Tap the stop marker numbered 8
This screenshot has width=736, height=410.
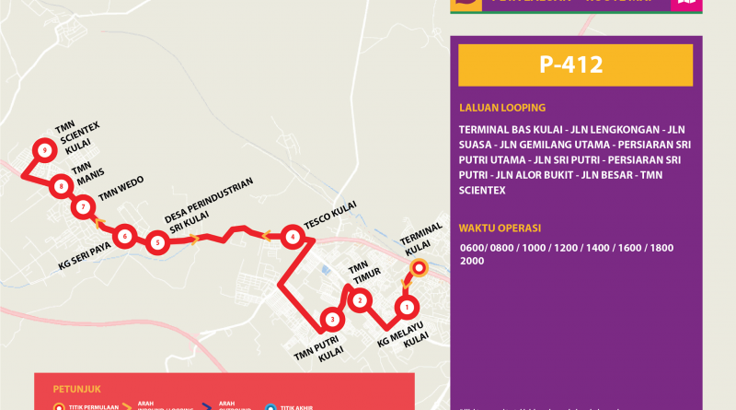point(61,186)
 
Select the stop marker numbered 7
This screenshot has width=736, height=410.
point(84,207)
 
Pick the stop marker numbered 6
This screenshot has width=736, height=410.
point(124,236)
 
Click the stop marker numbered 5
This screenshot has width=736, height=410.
point(157,243)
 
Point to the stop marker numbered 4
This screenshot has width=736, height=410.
point(292,237)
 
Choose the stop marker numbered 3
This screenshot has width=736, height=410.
point(331,320)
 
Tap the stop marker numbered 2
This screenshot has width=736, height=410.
point(360,299)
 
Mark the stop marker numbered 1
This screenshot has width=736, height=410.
point(406,306)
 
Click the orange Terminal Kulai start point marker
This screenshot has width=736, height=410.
point(418,268)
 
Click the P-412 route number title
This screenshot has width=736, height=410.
point(575,65)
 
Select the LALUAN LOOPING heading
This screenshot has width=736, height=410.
point(501,107)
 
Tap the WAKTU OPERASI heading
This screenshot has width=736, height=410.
point(500,227)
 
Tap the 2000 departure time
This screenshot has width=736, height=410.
point(472,261)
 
